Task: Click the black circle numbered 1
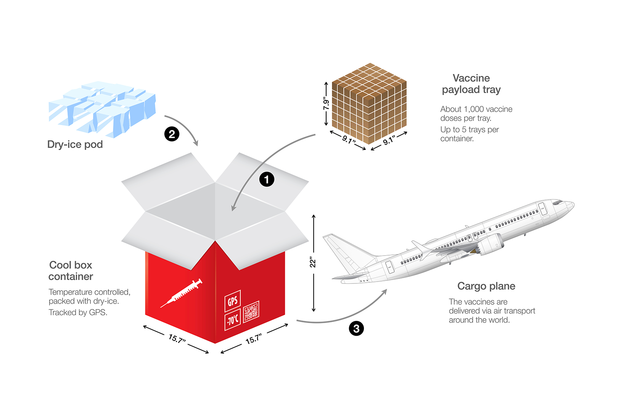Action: [x=267, y=179]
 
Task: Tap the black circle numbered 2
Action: [x=172, y=134]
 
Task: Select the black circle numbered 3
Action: [x=356, y=328]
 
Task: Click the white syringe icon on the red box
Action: [x=181, y=293]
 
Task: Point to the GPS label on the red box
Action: [x=233, y=301]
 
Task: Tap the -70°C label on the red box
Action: [x=233, y=320]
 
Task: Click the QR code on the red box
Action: [x=251, y=312]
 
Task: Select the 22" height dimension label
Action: [x=312, y=262]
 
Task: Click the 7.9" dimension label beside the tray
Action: [x=326, y=103]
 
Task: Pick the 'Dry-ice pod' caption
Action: [x=75, y=144]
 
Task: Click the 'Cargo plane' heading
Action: [x=486, y=286]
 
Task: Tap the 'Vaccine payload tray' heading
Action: [x=471, y=84]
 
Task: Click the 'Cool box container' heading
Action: [x=71, y=271]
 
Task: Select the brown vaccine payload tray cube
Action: [x=369, y=103]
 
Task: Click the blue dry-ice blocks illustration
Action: [x=102, y=109]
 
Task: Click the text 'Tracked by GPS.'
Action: [x=78, y=312]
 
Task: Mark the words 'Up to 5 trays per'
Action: [x=470, y=130]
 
